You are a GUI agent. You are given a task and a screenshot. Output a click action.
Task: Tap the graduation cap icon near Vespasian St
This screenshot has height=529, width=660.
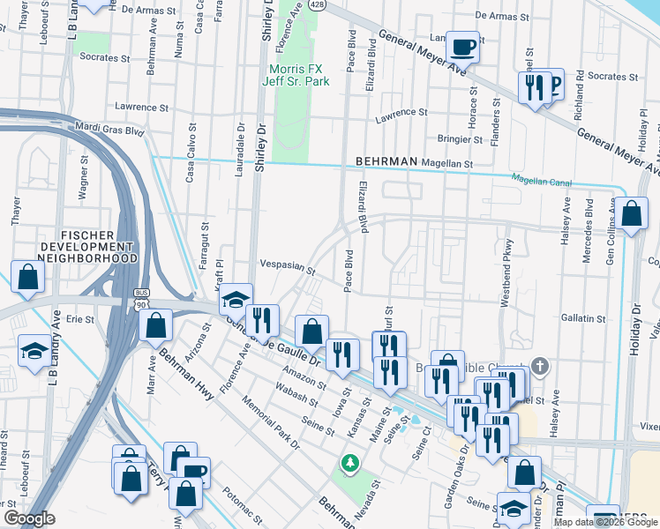tap(236, 299)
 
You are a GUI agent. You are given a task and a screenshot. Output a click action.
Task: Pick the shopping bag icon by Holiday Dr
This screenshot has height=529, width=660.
tap(632, 214)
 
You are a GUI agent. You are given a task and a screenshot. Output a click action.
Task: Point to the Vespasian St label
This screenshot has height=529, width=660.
tap(288, 265)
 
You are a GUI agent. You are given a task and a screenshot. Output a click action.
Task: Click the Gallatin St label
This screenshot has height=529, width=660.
tap(582, 317)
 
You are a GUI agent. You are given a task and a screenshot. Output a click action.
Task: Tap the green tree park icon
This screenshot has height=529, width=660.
tap(350, 462)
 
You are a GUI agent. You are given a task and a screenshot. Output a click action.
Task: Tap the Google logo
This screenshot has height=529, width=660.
tap(28, 518)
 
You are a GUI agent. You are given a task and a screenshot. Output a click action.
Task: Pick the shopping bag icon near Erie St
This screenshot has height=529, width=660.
tap(156, 324)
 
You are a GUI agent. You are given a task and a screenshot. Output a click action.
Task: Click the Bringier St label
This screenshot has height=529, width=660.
tap(460, 139)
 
